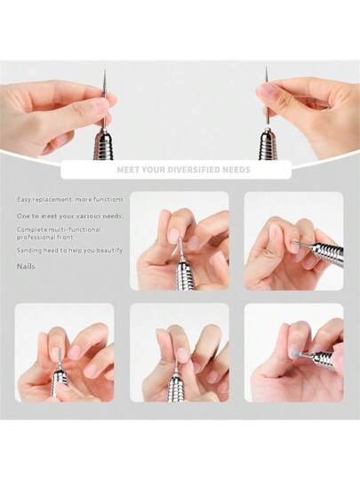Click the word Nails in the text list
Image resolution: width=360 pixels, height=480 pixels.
click(26, 267)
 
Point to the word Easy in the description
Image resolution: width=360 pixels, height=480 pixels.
click(23, 200)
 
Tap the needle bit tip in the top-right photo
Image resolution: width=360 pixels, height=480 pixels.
click(267, 67)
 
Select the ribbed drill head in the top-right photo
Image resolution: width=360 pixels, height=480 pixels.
click(268, 145)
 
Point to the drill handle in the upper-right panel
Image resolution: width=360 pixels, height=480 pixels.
click(326, 249)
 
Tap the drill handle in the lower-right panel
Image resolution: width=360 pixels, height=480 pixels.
click(321, 359)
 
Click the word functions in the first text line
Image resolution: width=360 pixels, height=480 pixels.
click(108, 200)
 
